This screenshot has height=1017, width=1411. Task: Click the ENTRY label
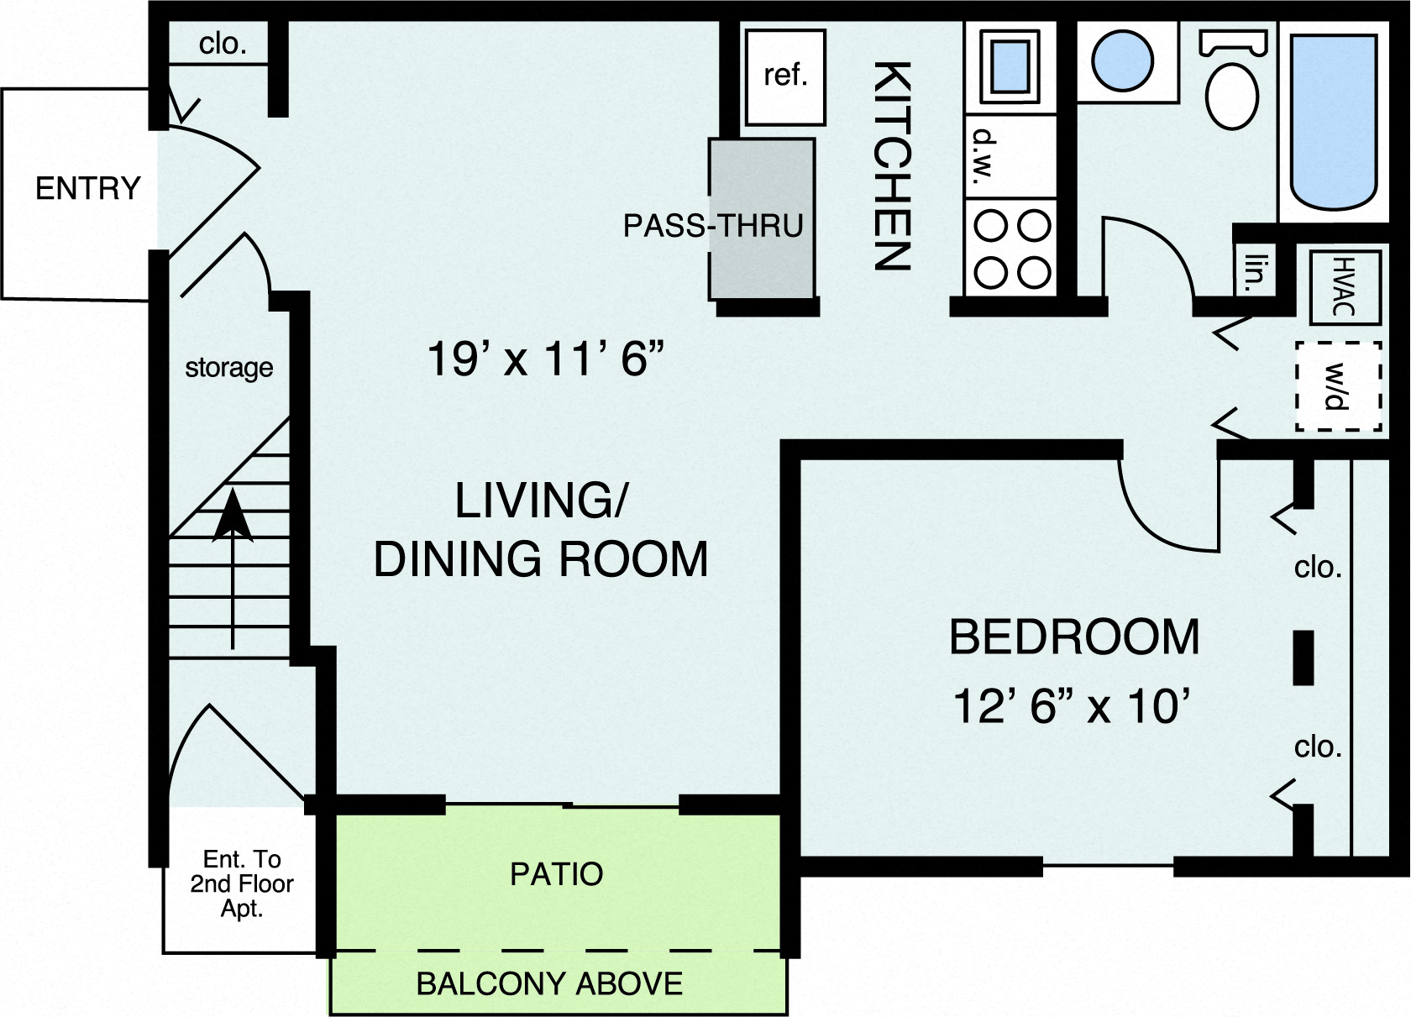(87, 188)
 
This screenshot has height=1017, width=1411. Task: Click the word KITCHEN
(891, 165)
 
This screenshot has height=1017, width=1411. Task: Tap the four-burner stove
(1011, 249)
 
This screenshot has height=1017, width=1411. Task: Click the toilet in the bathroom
(1231, 88)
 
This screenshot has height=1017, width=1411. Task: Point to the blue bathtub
(1334, 122)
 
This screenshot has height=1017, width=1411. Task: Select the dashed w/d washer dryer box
(1337, 386)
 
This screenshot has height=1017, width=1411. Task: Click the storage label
(228, 368)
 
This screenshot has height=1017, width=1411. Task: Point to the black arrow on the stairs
(233, 537)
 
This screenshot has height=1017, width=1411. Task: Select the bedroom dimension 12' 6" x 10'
(1073, 705)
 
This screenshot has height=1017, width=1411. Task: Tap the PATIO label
(556, 874)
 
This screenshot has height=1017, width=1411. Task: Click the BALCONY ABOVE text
(549, 983)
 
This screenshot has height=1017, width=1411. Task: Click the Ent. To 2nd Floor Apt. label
(241, 883)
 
